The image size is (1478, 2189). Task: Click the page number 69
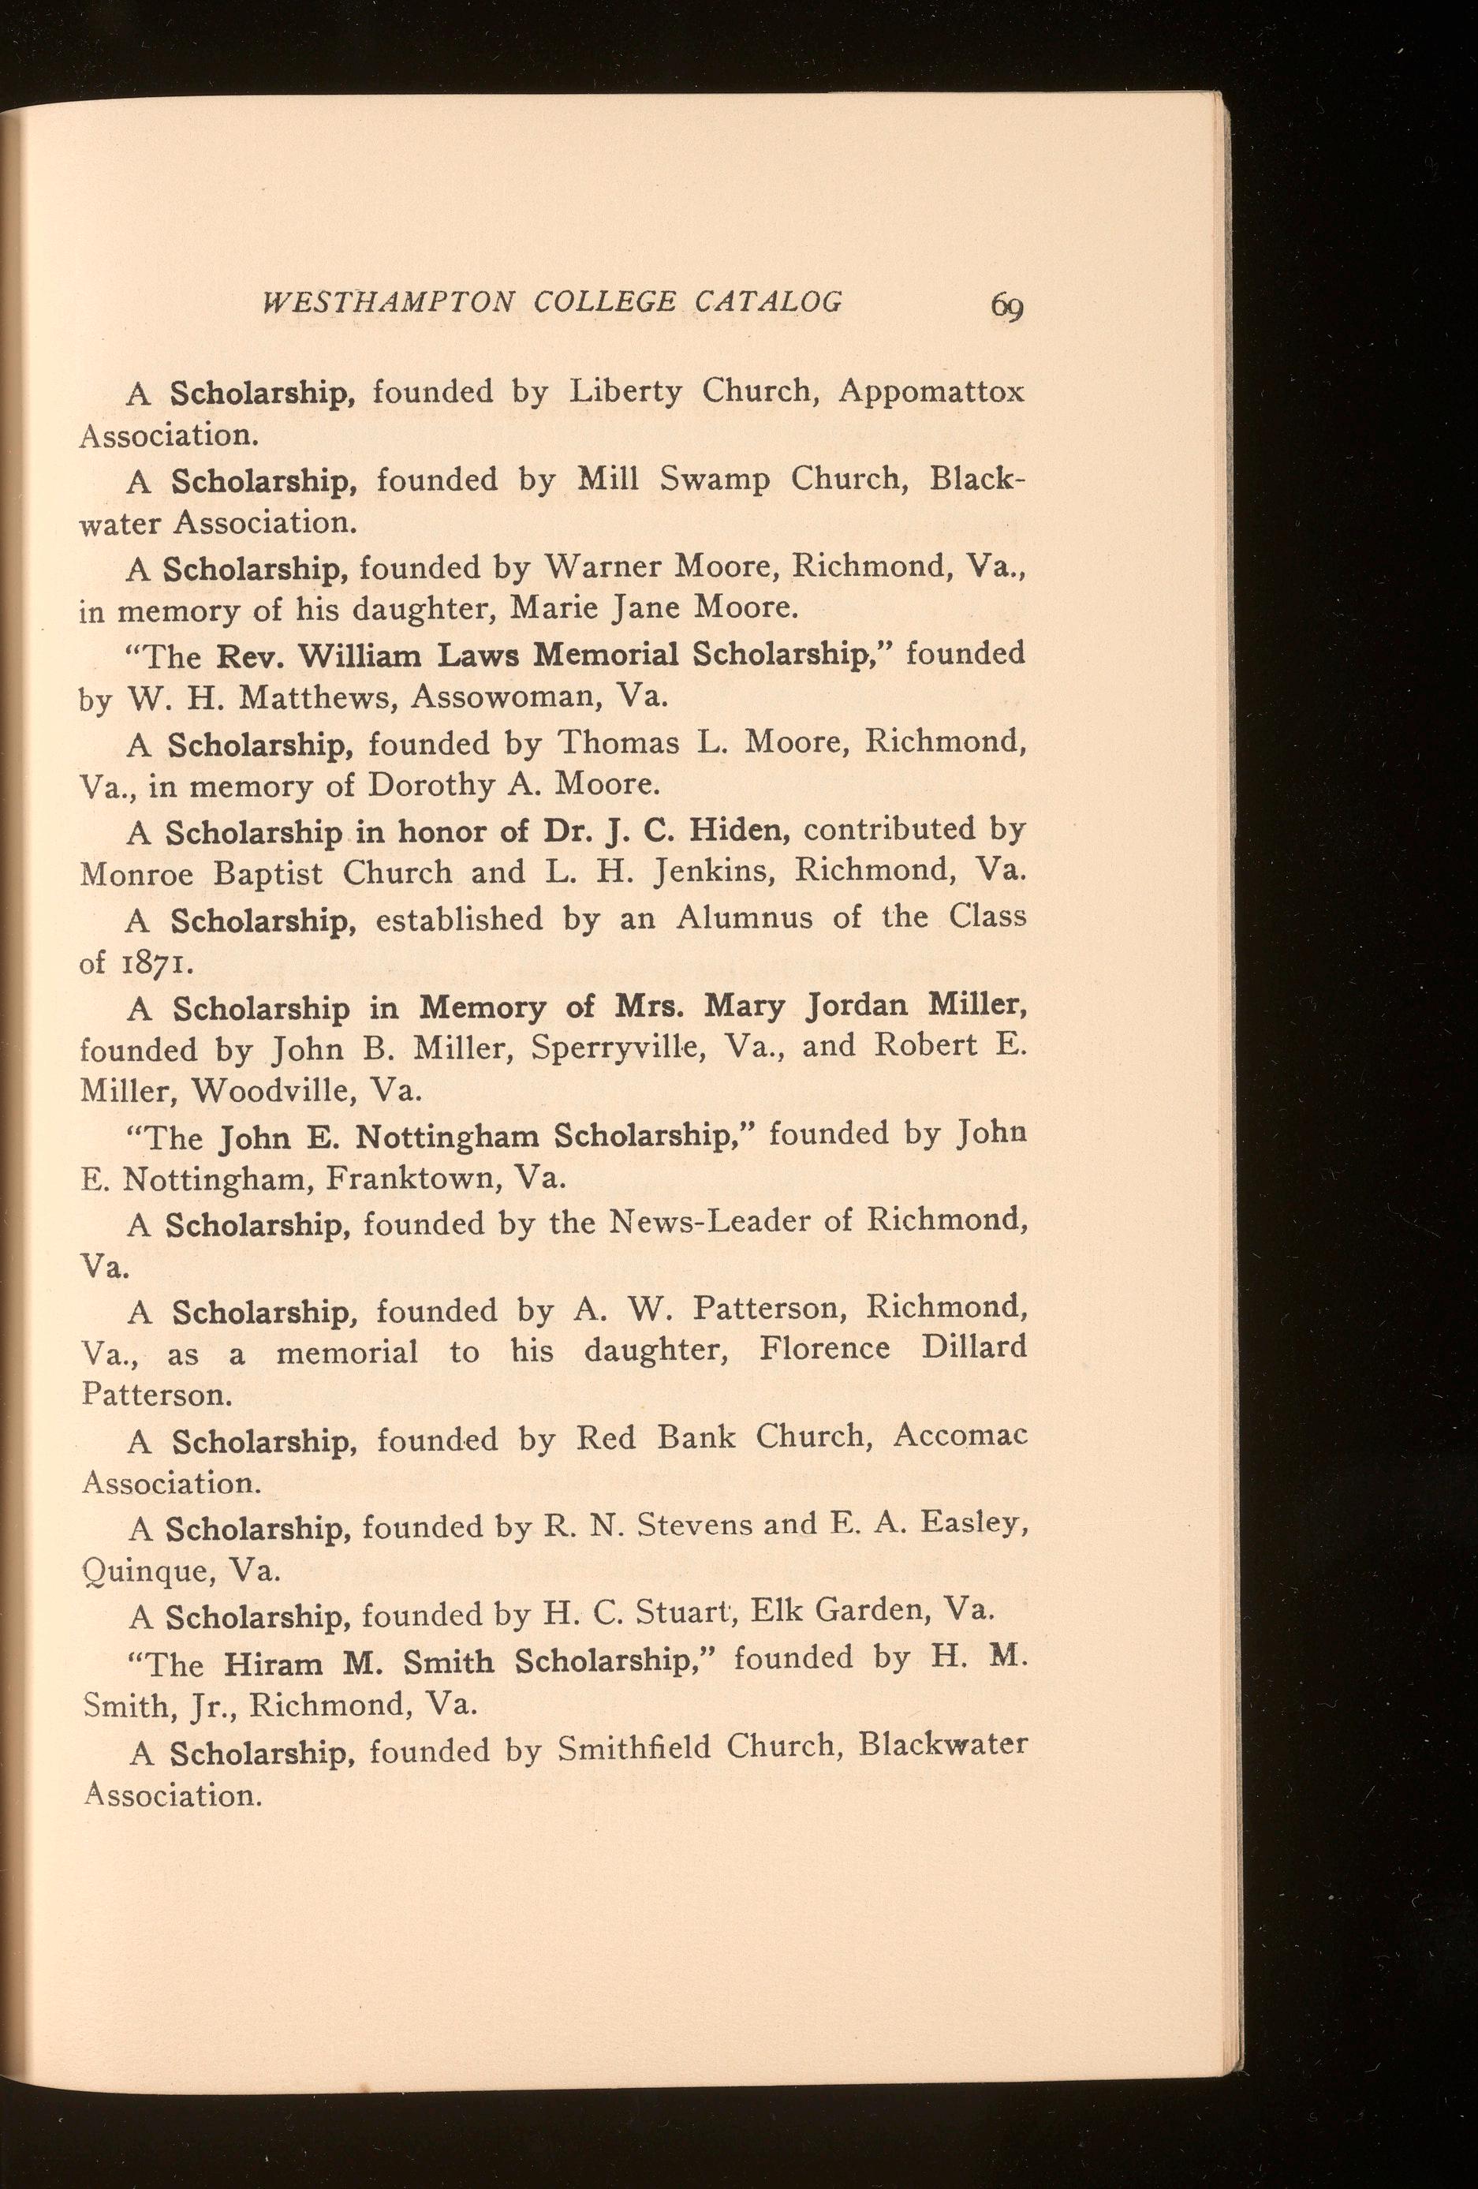tap(1006, 306)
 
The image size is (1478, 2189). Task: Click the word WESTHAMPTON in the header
tap(388, 301)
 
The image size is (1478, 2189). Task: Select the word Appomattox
tap(931, 392)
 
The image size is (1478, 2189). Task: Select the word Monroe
tap(137, 874)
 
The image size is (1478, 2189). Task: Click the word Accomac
tap(959, 1437)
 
